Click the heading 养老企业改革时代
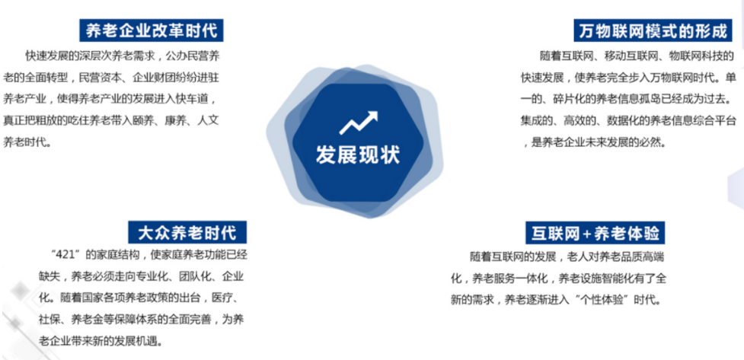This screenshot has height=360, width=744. (152, 31)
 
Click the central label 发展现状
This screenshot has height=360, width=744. (358, 155)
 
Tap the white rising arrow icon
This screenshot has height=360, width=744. (359, 123)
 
